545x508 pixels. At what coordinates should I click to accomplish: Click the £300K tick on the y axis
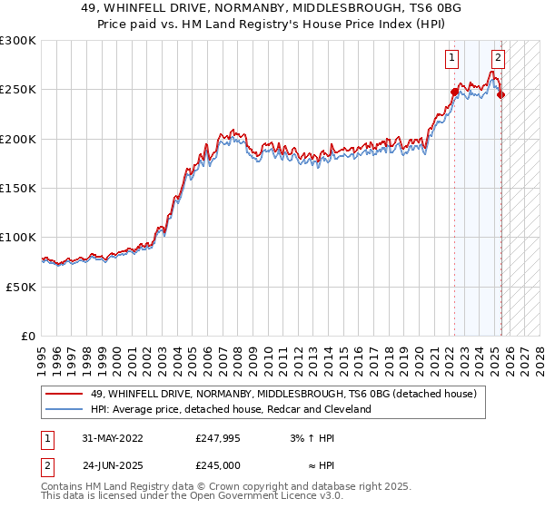(x=17, y=41)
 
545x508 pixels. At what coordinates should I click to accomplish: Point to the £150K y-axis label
(x=17, y=188)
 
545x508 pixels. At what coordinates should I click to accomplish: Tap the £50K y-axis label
(x=21, y=286)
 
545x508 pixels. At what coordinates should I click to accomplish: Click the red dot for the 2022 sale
(x=454, y=92)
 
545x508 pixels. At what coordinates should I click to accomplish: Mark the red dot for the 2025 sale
(x=501, y=94)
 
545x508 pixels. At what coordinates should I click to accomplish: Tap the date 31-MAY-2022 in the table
(x=113, y=439)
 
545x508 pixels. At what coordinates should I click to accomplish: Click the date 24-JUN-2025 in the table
(x=113, y=464)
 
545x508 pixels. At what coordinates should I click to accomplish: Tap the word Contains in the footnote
(x=63, y=487)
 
